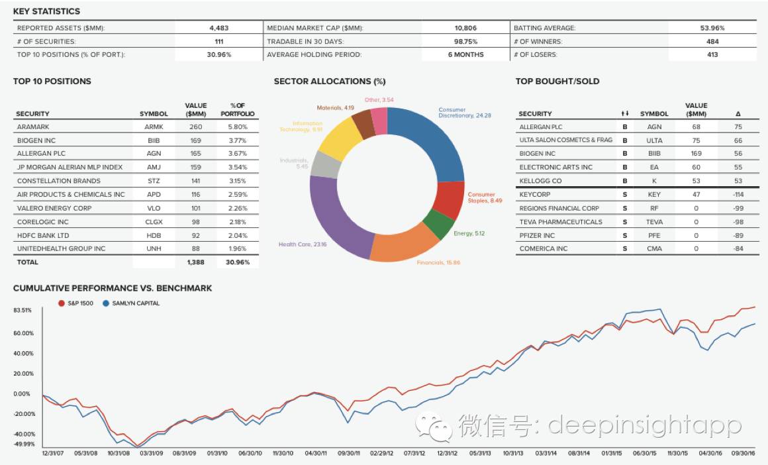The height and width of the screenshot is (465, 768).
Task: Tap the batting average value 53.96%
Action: coord(712,28)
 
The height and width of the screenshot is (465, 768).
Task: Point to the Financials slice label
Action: coord(438,263)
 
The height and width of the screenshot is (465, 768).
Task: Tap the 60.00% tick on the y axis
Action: coord(23,333)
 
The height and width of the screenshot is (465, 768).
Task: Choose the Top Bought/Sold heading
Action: coord(557,81)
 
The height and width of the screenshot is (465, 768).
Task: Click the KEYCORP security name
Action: coord(536,195)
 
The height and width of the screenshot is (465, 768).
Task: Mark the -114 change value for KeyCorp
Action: coord(738,195)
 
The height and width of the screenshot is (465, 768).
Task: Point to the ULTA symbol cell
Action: coord(654,140)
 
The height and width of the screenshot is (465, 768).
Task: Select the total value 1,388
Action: coord(195,262)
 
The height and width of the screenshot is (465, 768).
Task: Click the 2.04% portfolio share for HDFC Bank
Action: coord(238,235)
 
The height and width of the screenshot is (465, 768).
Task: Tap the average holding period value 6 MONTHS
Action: coord(465,54)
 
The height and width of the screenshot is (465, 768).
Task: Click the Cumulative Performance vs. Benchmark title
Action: coord(113,288)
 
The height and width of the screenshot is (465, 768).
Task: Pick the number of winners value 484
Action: coord(712,41)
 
